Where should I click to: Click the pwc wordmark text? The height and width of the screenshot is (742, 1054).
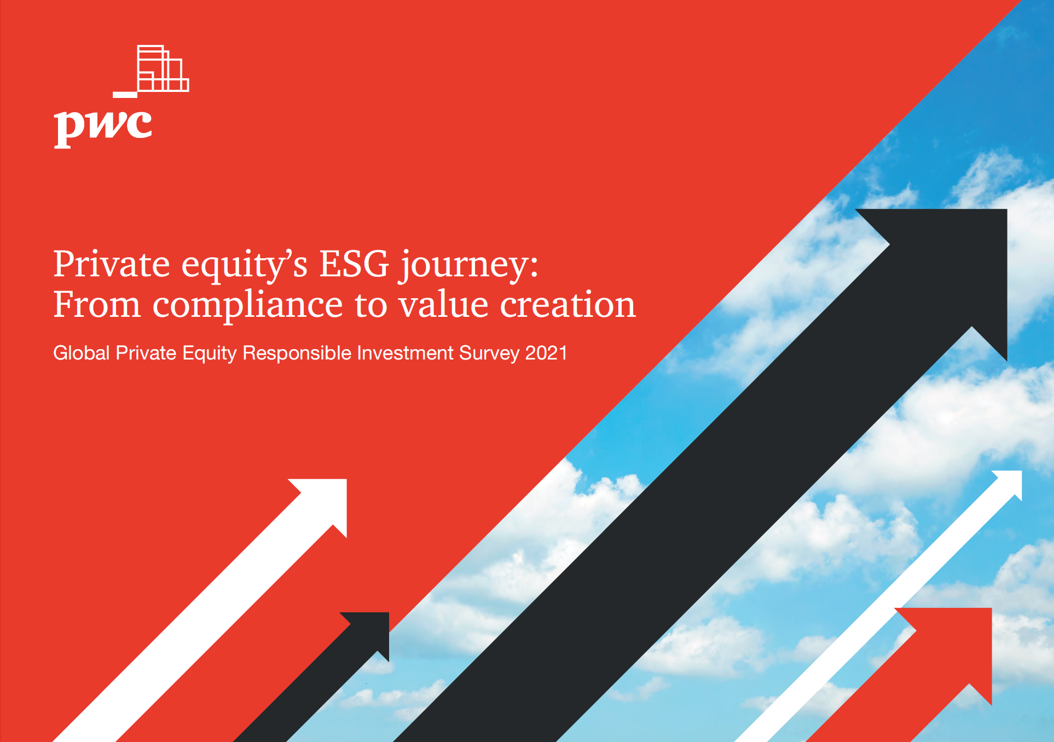[103, 128]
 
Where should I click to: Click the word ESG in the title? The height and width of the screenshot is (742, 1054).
[354, 264]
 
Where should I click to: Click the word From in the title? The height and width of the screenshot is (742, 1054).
[97, 304]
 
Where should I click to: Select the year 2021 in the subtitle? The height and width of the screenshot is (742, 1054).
[546, 353]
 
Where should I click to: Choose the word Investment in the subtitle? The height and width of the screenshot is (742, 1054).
[406, 353]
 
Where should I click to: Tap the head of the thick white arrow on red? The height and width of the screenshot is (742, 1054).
[326, 501]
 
